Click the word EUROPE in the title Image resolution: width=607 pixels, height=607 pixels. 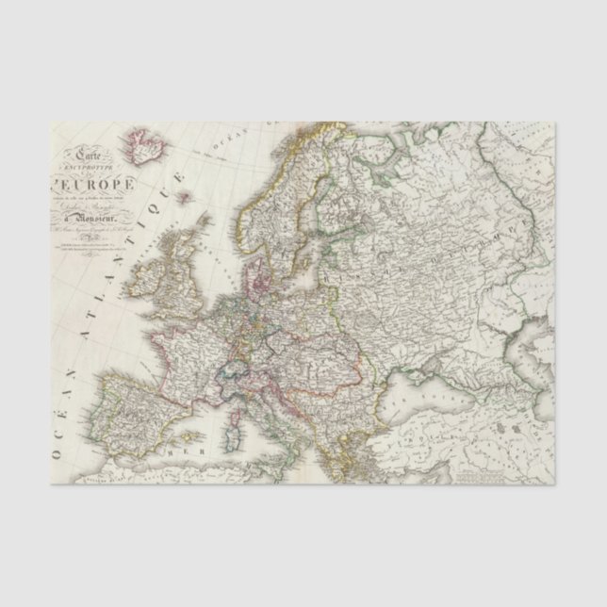100,184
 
